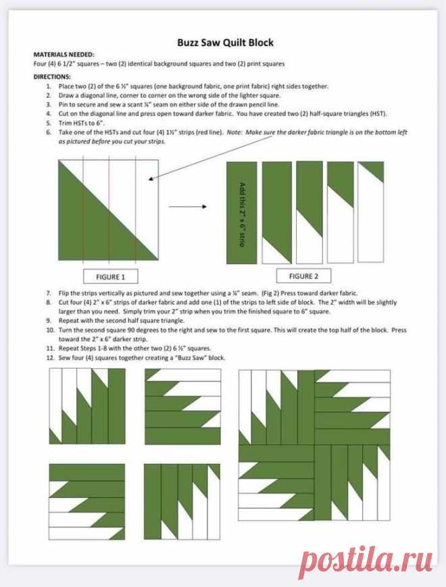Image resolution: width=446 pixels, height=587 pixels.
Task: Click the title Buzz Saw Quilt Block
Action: [226, 43]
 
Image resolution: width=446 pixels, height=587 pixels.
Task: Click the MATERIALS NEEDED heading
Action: [64, 54]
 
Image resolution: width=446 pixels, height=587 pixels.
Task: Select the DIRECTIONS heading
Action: [52, 77]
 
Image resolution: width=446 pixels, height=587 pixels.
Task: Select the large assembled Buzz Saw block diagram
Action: [314, 444]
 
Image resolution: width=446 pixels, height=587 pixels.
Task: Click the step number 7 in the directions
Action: [49, 293]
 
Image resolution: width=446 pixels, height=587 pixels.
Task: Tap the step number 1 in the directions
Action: [49, 86]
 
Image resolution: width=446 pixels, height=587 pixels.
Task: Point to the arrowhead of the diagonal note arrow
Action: [149, 179]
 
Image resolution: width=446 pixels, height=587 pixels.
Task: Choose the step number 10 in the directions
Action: [50, 330]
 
